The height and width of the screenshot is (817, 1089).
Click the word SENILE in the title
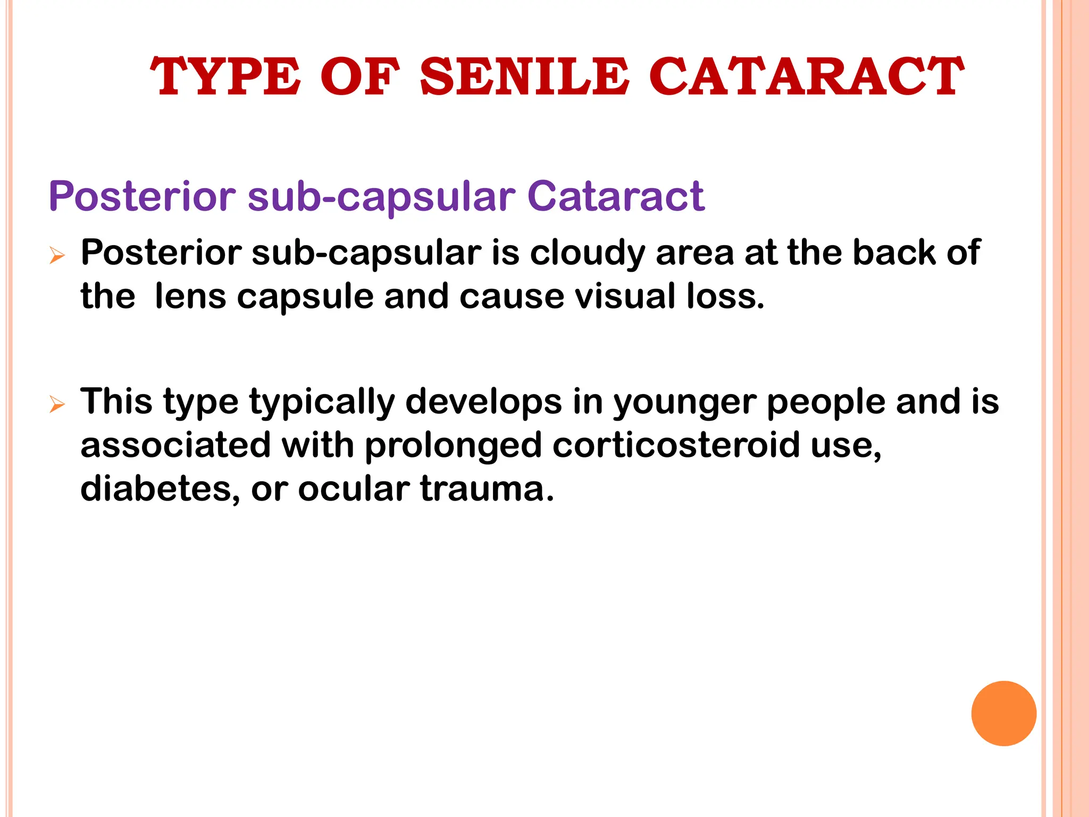point(524,77)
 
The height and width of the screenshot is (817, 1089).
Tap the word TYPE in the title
point(225,77)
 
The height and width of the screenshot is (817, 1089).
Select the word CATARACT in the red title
point(806,77)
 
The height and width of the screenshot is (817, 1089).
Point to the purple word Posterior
point(142,196)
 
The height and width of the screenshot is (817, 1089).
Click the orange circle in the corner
point(1003,713)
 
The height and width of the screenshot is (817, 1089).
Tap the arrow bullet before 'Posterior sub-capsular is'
point(56,256)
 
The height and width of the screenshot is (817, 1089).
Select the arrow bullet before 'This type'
point(56,404)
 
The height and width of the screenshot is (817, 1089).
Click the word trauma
point(487,488)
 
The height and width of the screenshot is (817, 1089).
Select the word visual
point(625,296)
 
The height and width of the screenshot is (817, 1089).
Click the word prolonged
point(453,446)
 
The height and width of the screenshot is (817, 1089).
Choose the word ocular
point(354,488)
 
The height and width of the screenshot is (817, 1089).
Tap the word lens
point(190,296)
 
